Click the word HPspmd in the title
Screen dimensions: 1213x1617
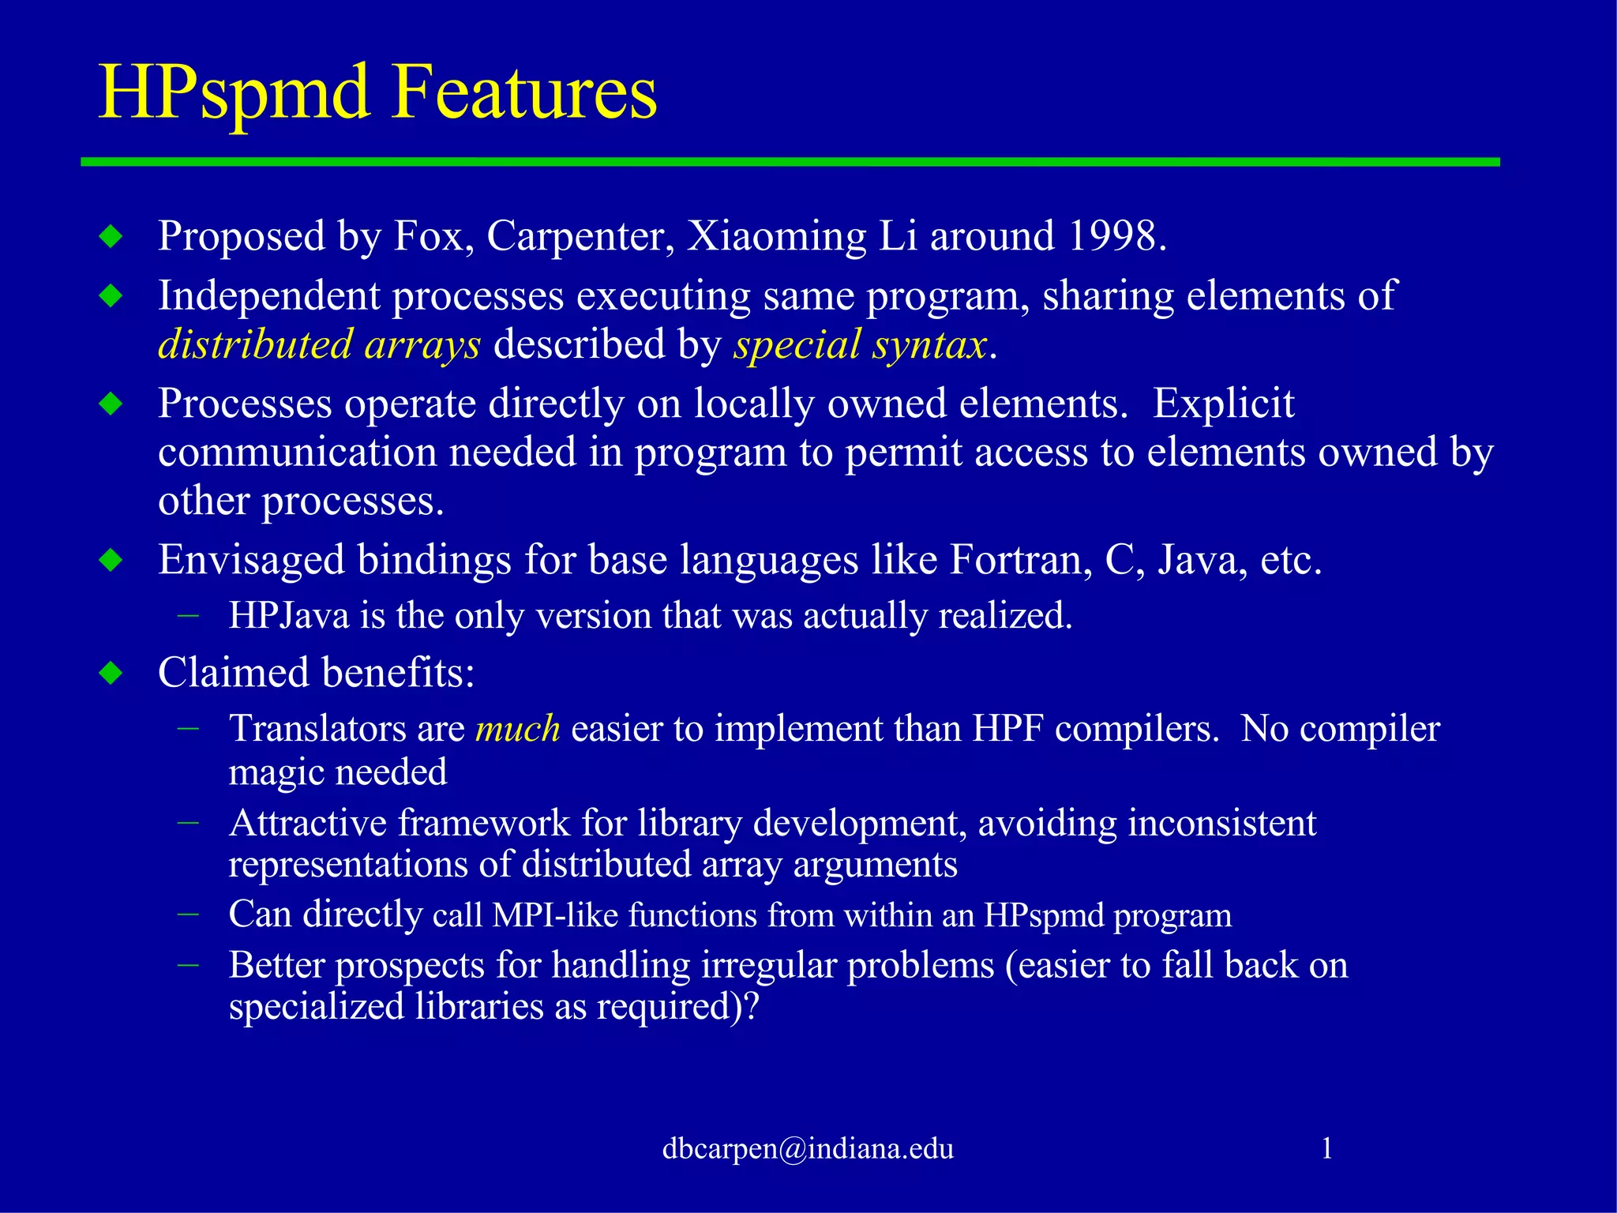234,93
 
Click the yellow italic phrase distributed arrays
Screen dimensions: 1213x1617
319,345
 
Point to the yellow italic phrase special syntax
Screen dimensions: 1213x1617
860,345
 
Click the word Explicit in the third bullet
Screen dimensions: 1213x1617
1224,404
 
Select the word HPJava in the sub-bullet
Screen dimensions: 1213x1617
289,616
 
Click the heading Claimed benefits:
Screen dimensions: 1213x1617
317,673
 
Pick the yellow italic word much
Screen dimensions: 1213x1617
517,728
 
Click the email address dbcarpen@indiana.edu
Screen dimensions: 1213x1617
808,1148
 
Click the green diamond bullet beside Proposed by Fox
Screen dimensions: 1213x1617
111,236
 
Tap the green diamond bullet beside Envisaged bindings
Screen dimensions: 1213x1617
111,561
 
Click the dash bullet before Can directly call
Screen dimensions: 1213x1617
188,914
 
